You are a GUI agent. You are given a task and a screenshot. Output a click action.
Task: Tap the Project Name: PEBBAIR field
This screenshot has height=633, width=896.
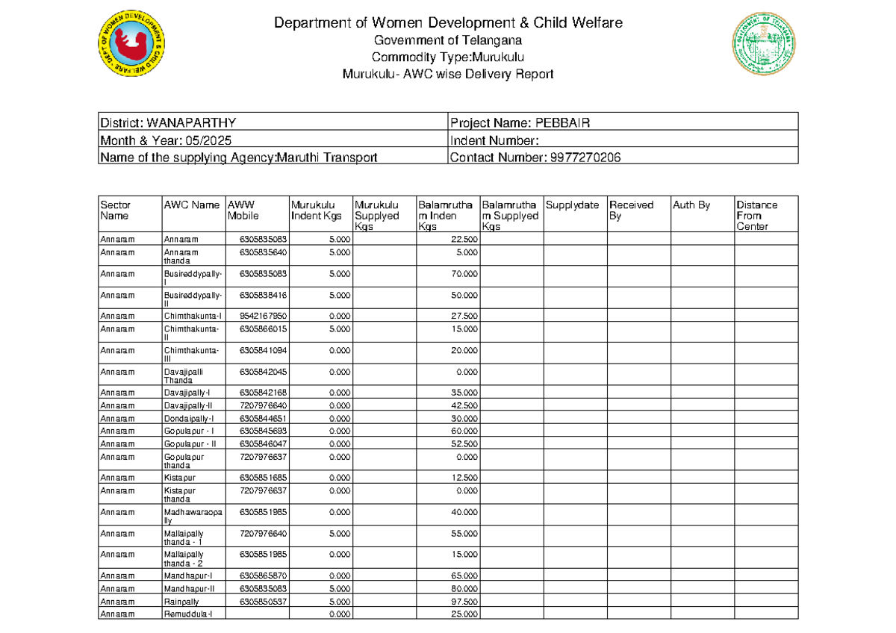tap(520, 123)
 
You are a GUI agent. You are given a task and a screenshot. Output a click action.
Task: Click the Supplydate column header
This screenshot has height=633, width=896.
tap(573, 205)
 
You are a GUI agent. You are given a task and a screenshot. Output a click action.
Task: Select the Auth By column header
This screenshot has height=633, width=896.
tap(691, 205)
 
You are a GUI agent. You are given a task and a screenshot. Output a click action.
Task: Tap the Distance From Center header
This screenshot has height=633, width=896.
tap(756, 215)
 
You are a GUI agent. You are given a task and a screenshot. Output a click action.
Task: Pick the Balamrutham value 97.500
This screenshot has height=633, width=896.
tap(464, 601)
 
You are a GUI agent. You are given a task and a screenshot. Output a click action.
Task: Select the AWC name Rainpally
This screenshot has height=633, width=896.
tap(181, 601)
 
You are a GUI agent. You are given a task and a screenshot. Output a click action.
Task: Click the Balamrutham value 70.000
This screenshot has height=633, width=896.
tap(464, 274)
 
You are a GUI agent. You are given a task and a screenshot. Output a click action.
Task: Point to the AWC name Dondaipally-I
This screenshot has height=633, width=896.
tap(189, 418)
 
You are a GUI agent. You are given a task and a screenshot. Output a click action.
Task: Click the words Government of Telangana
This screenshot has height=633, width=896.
tap(447, 40)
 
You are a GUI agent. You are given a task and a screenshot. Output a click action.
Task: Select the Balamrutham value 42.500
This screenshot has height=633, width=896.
tap(464, 405)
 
